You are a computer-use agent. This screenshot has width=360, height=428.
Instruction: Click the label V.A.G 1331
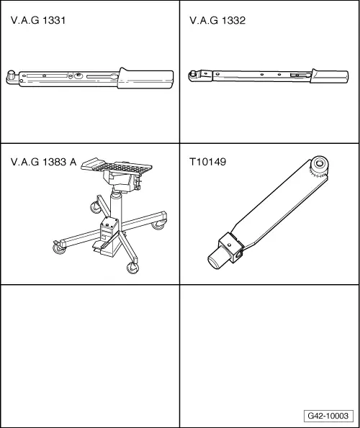(38, 20)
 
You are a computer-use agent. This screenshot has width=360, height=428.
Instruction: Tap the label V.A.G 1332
(217, 20)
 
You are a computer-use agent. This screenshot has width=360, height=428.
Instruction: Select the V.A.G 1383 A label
(43, 162)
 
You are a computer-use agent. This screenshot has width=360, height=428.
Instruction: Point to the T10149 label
(207, 162)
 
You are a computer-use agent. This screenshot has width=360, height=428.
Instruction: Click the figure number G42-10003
(328, 416)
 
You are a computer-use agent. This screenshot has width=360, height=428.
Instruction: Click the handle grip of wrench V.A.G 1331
(145, 78)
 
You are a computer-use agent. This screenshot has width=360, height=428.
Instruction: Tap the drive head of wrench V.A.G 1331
(12, 77)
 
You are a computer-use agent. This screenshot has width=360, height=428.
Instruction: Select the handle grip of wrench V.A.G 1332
(330, 76)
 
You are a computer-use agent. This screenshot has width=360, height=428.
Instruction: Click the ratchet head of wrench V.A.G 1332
(194, 76)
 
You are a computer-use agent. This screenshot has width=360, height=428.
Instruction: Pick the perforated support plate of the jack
(117, 165)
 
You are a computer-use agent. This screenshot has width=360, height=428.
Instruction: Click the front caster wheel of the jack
(132, 267)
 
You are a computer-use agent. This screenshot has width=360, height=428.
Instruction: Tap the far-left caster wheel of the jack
(59, 248)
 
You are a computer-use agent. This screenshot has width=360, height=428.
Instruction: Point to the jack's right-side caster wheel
(158, 224)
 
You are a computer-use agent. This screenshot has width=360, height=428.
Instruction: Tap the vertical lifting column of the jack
(116, 205)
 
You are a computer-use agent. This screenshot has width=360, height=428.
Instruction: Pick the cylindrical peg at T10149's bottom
(217, 259)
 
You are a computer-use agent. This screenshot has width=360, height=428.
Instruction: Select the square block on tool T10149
(231, 246)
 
